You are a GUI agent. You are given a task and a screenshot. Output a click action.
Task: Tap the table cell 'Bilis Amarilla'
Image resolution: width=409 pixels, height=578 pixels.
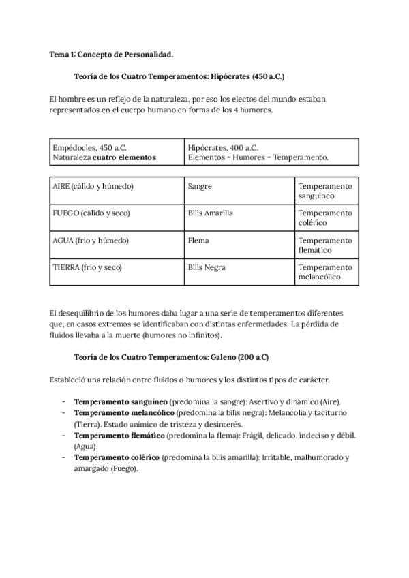(210, 213)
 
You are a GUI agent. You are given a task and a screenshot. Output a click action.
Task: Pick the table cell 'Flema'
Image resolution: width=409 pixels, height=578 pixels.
(198, 241)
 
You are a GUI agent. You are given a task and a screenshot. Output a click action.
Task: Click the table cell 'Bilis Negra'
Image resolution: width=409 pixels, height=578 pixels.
(207, 267)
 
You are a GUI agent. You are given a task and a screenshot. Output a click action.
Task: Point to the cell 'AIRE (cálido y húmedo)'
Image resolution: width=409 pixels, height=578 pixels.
(93, 186)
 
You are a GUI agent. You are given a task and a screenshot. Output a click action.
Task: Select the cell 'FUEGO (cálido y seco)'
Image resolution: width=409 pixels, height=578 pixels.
(91, 213)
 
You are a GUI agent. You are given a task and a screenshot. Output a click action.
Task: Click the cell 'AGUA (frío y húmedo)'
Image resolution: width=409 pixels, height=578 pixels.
(91, 241)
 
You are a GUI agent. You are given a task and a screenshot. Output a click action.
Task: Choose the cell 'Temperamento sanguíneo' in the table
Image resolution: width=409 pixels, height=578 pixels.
(325, 191)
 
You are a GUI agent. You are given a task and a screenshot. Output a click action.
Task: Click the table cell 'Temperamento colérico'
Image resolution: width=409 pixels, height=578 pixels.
(325, 218)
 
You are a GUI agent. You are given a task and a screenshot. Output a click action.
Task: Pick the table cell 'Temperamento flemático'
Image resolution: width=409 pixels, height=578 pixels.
(325, 245)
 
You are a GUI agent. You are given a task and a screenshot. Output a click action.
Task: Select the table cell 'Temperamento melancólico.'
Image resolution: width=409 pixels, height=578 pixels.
(325, 272)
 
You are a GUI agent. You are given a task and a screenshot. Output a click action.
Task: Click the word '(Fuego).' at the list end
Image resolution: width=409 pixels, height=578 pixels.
(123, 468)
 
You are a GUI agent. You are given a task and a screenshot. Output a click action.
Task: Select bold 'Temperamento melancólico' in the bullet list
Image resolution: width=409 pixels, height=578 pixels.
(124, 414)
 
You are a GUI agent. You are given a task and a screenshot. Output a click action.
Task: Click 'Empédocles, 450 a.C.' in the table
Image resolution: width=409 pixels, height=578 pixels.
(89, 147)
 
